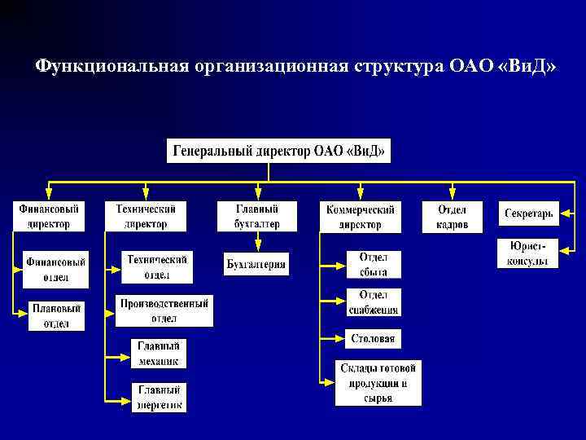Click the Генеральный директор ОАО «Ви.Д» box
[278, 151]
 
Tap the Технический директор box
[146, 216]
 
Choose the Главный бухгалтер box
[257, 216]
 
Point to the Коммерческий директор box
[360, 216]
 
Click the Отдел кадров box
[452, 216]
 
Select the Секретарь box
[528, 213]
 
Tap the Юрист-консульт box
[528, 253]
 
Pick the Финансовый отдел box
[55, 270]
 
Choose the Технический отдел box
[155, 266]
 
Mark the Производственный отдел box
[164, 310]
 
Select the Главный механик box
[159, 353]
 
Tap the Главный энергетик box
[159, 397]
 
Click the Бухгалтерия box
[256, 264]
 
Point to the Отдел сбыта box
[374, 265]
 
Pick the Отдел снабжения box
[374, 301]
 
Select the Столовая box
[374, 338]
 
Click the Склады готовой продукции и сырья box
[378, 383]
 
